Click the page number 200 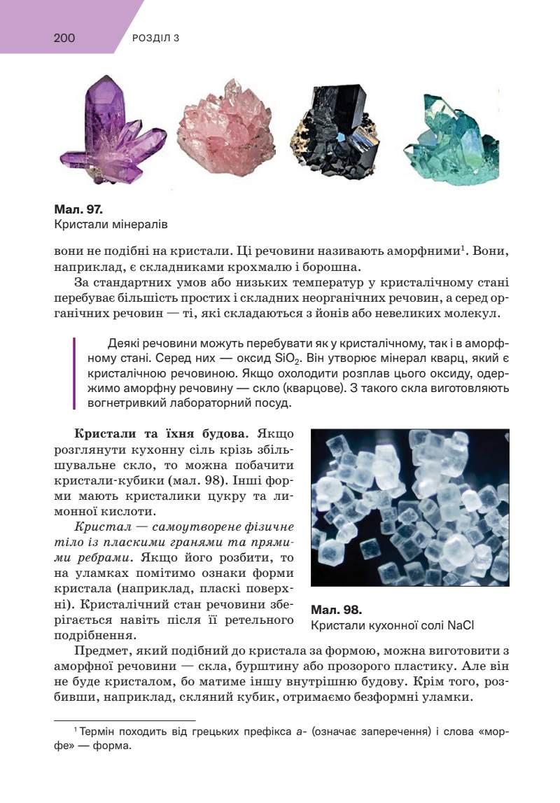(x=64, y=38)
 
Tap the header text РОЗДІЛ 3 (x=155, y=39)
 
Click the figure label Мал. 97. (x=78, y=209)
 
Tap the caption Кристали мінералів (x=111, y=225)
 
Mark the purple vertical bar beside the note (x=74, y=374)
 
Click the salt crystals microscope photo (x=409, y=507)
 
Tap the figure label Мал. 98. (x=336, y=609)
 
